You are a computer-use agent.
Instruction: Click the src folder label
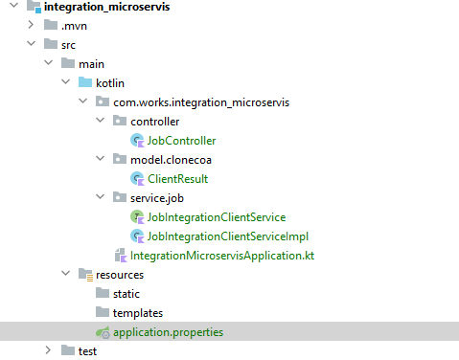pos(70,44)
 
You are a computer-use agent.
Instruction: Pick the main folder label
pos(91,63)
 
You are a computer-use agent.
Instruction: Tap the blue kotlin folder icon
pos(84,82)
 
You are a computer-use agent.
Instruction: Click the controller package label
pos(154,122)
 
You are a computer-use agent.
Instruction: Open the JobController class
pos(182,141)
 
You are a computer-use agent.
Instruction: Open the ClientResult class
pos(177,178)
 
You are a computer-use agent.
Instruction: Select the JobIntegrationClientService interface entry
pos(217,217)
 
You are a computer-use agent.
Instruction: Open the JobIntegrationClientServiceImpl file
pos(227,236)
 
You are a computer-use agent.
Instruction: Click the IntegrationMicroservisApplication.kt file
pos(221,256)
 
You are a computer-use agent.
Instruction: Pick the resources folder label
pos(120,275)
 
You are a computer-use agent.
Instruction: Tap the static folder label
pos(126,294)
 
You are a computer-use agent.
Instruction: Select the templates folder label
pos(137,313)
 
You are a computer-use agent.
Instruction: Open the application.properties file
pos(168,332)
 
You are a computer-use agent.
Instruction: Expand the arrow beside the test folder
pos(48,351)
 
